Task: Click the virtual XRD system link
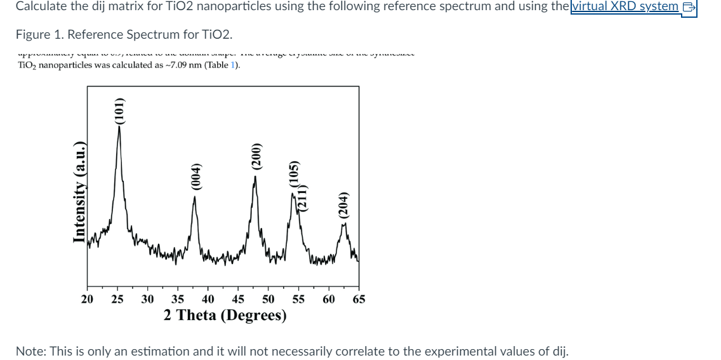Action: [625, 6]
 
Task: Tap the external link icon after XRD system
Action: [688, 7]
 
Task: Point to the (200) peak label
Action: [256, 156]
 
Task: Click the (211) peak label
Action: [303, 197]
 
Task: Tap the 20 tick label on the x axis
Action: [88, 299]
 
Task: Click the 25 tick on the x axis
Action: [117, 299]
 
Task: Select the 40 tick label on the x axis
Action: [208, 299]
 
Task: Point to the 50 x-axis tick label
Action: [268, 299]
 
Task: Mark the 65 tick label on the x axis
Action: [359, 299]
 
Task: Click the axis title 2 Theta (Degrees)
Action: [225, 315]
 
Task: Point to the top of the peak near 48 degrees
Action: [256, 177]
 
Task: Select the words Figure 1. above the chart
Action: [37, 34]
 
